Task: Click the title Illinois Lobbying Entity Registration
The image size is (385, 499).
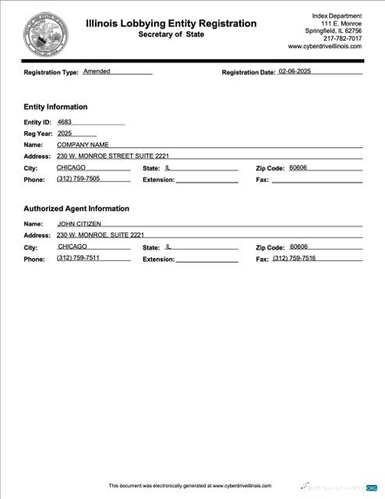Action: (171, 23)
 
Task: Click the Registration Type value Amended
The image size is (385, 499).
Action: (97, 71)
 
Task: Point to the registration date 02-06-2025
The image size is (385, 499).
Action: (299, 71)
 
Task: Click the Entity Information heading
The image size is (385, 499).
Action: (55, 107)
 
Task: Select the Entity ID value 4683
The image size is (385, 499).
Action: (64, 122)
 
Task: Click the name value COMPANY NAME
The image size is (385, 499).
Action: (83, 144)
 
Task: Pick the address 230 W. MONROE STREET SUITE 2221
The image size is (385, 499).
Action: (112, 156)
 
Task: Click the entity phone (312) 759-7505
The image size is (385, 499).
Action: (78, 179)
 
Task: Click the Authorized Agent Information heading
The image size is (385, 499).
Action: (76, 209)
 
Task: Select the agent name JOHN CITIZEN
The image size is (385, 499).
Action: (79, 224)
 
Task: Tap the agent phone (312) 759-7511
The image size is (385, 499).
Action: (78, 258)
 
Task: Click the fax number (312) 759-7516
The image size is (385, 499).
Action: (294, 258)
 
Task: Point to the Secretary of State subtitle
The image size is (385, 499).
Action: (171, 35)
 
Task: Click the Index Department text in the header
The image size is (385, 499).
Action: (337, 16)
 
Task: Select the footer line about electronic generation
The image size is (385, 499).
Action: (189, 485)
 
